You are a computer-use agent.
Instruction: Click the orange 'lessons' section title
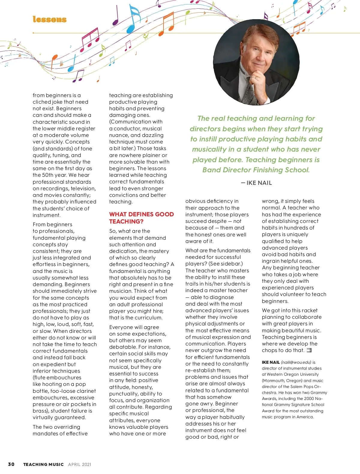49,19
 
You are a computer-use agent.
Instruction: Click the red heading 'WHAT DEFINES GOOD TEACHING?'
141,218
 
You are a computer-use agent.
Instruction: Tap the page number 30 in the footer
11,464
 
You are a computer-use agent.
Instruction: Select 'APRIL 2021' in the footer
79,464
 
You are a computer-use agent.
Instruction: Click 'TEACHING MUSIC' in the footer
43,464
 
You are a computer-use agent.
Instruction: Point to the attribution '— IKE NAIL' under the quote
256,183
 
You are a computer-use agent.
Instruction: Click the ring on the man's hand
256,78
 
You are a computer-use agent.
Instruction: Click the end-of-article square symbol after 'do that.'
309,350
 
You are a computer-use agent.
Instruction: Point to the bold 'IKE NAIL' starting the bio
271,362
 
